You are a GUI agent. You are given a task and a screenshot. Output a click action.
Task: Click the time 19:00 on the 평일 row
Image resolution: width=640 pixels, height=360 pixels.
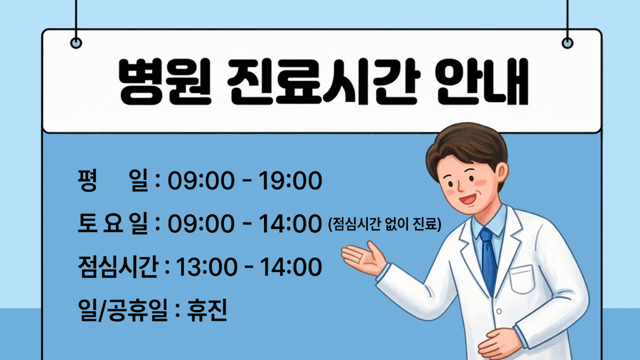pos(290,181)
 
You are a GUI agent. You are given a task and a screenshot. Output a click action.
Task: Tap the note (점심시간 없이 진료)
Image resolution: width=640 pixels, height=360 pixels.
pos(384,224)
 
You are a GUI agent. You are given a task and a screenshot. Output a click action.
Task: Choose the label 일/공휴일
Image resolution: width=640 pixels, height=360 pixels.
pos(122,310)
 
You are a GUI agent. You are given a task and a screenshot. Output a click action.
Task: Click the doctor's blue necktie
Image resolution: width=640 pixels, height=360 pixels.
pos(488,260)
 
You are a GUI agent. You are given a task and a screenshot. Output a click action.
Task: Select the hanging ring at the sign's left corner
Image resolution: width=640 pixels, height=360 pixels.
pos(76,42)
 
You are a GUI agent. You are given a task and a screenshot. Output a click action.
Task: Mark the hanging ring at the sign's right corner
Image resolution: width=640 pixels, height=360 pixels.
pos(567,42)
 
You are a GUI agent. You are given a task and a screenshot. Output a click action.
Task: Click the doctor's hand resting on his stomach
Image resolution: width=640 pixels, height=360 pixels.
pos(500,342)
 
